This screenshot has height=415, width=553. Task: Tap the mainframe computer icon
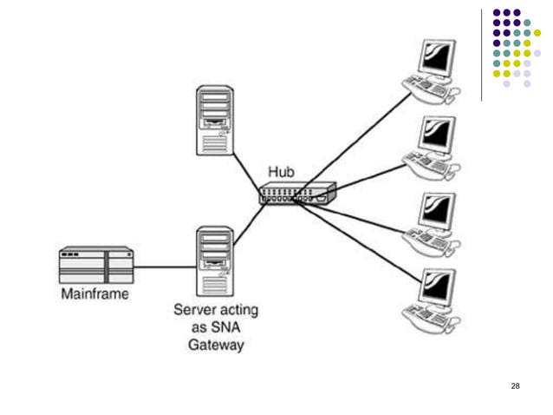(95, 265)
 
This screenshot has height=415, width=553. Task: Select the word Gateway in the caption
(216, 346)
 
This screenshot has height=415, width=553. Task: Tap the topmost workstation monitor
(437, 58)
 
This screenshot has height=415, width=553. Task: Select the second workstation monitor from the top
(437, 135)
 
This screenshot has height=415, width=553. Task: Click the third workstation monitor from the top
(437, 211)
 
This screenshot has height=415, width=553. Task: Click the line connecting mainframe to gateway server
(165, 267)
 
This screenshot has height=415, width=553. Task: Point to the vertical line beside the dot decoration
(482, 52)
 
